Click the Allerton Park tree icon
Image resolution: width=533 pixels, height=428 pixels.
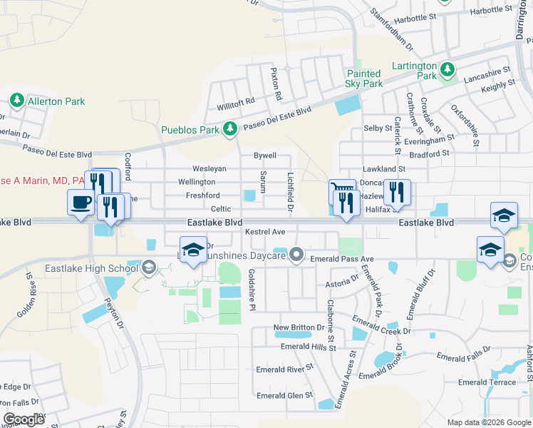tap(17, 101)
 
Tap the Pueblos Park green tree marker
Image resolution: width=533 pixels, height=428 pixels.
tap(229, 129)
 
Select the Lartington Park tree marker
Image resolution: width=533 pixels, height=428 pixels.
tap(447, 69)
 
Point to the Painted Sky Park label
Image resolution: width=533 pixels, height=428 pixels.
tap(364, 78)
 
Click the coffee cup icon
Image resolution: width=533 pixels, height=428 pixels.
tap(79, 201)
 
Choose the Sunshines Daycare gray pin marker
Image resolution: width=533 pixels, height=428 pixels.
tap(296, 254)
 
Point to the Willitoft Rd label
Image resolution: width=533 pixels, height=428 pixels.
tap(236, 102)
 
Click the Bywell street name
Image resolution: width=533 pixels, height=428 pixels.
tap(265, 156)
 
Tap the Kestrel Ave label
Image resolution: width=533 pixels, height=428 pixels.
tap(264, 232)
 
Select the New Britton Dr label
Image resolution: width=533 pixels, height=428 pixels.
tap(299, 327)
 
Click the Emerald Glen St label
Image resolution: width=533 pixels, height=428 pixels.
tap(284, 395)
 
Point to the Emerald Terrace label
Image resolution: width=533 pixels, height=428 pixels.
tap(487, 382)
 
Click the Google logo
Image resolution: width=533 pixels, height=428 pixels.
tap(24, 419)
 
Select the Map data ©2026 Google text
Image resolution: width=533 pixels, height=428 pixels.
tap(488, 422)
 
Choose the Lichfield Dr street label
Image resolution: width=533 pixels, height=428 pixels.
tap(290, 191)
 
